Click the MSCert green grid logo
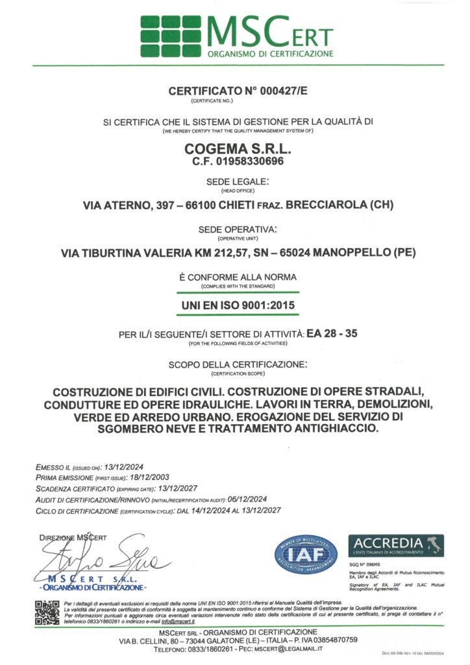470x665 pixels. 170,36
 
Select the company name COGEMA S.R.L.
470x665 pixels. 234,148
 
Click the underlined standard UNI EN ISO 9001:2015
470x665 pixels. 234,305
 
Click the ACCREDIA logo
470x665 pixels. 395,546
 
